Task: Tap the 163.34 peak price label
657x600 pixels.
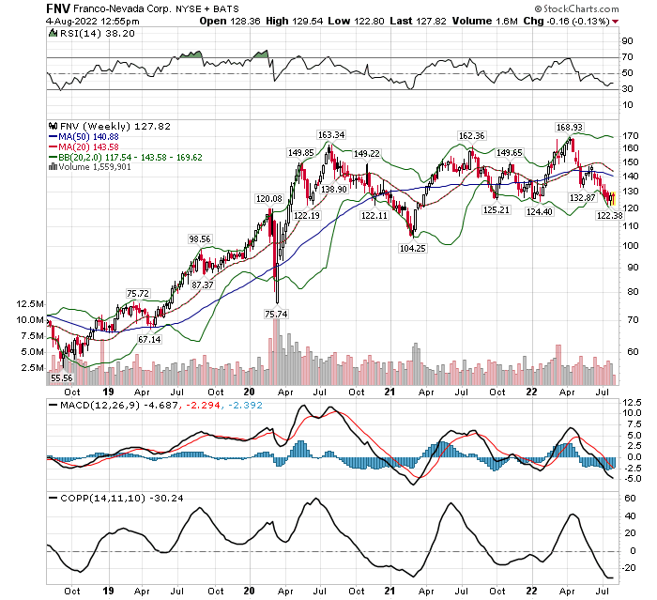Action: [331, 134]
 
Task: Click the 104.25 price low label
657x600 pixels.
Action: [411, 247]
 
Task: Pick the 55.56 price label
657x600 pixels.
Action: [61, 377]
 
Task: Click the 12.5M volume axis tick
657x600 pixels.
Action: [30, 304]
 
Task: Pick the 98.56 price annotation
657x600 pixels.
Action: [201, 238]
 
